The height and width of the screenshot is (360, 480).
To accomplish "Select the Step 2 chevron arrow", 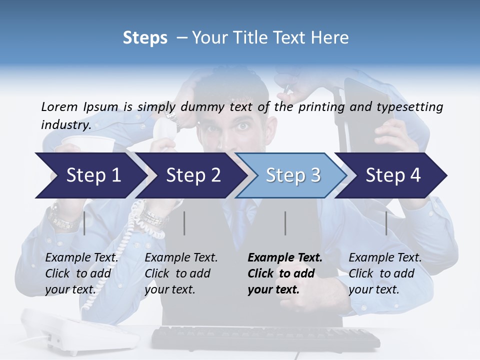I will pos(193,175).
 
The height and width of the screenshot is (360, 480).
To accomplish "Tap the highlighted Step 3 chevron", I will pos(293,175).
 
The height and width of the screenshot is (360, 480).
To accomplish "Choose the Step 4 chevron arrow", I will pos(393,175).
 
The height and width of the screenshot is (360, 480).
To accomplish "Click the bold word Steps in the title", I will pos(145,37).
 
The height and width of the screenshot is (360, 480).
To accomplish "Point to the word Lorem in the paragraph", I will pos(60,106).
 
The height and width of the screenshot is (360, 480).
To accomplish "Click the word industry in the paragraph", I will pos(65,124).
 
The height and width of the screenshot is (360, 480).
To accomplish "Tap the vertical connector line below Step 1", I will pos(84,223).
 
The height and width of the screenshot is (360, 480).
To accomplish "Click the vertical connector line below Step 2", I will pos(184,223).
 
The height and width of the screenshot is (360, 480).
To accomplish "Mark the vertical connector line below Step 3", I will pos(285,223).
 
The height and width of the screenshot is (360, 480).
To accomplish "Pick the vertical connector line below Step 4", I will pos(386,223).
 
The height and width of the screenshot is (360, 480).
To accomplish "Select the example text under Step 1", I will pos(81,273).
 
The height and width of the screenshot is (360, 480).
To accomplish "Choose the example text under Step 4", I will pos(384,273).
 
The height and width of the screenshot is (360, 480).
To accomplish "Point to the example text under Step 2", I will pos(181,273).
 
